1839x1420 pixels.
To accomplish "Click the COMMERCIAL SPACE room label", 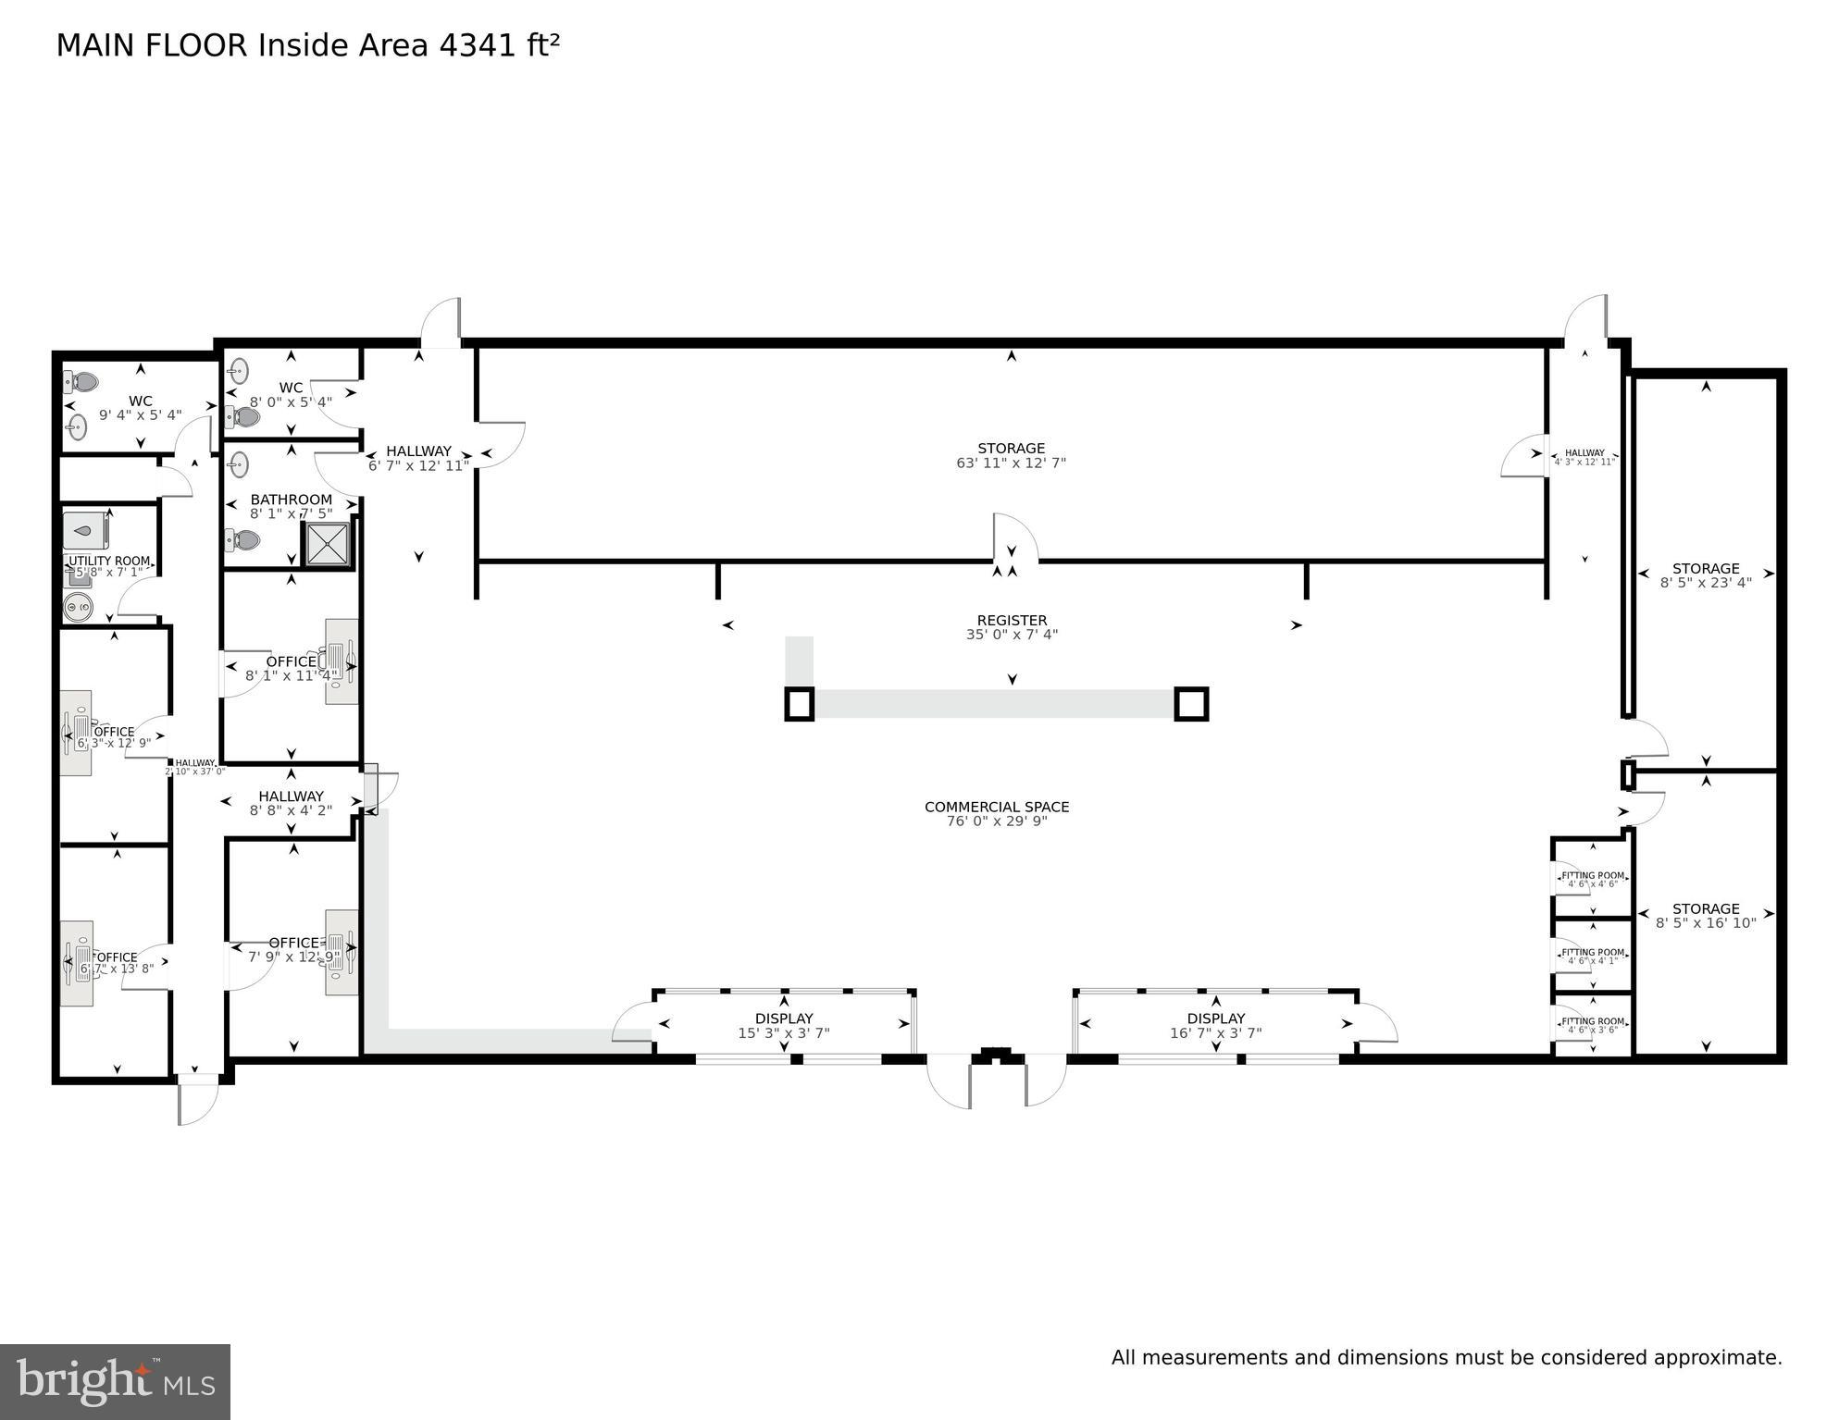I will click(x=997, y=807).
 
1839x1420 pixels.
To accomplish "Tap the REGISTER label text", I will click(x=1012, y=621).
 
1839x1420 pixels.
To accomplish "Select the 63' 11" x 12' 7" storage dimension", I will click(x=1011, y=463).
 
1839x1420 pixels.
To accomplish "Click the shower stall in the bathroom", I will click(x=328, y=543).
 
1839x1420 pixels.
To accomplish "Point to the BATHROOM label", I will click(x=291, y=500).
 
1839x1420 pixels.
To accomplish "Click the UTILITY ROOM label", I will click(x=109, y=561).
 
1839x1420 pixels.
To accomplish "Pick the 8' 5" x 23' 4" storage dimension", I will click(x=1705, y=583).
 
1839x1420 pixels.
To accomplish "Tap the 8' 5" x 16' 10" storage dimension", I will click(x=1705, y=923).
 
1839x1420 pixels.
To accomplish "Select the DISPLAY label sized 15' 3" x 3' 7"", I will click(x=784, y=1019).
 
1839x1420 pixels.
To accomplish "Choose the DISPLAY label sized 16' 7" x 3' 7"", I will click(x=1215, y=1019).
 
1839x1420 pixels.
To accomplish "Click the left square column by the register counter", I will click(x=800, y=704).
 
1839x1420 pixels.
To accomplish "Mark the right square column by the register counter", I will click(x=1190, y=704).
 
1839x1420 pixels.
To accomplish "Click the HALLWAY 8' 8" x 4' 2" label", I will click(x=291, y=796).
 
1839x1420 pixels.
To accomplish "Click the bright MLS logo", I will click(x=115, y=1381).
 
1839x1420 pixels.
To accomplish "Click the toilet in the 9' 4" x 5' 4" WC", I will click(x=82, y=381).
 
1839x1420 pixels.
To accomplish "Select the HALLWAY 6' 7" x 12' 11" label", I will click(x=418, y=451).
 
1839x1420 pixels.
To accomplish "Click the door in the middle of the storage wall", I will click(x=1014, y=540).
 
